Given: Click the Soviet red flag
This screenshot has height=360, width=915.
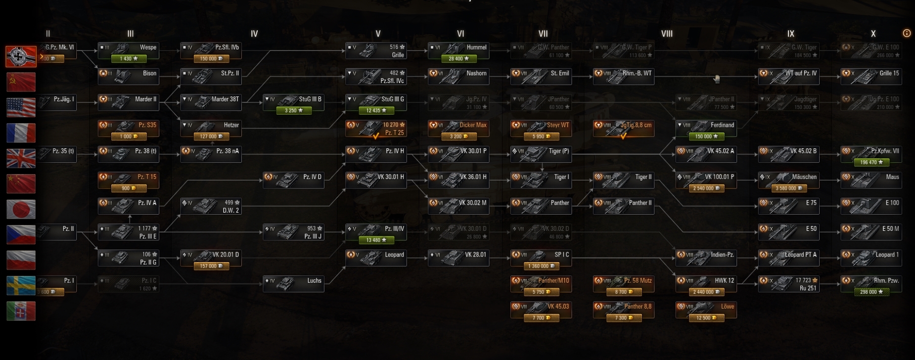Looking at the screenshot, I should (21, 82).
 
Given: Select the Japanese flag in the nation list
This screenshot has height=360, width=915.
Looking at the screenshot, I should (21, 209).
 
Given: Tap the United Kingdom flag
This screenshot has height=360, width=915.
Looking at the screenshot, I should (21, 158).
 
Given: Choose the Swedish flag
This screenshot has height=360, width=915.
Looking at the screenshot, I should (21, 285).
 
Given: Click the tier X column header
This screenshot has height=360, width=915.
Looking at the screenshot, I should (873, 34).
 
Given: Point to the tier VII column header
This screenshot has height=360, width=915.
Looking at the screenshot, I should (543, 34).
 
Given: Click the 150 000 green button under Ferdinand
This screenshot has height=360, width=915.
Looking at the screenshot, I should (706, 136).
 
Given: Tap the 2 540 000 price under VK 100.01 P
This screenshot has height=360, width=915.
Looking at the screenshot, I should (706, 188).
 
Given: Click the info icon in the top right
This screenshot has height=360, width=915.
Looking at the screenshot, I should (907, 33).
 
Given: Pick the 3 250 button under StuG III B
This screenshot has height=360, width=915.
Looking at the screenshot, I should (294, 111).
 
